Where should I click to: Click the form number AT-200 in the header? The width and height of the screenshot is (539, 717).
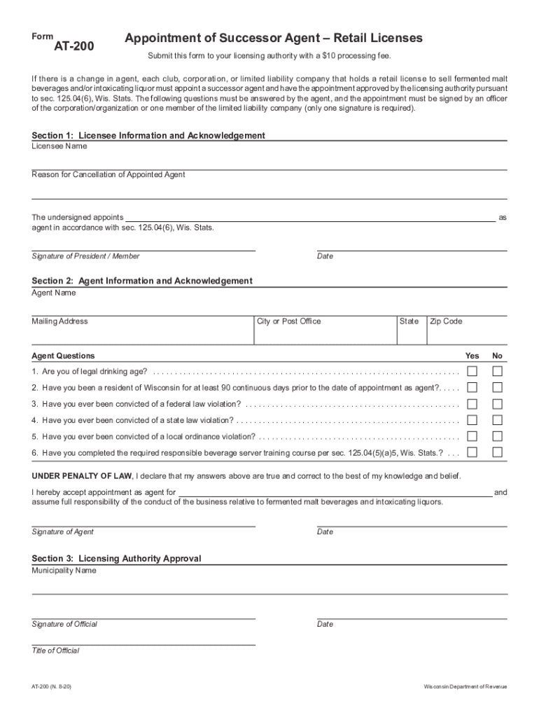click(x=74, y=47)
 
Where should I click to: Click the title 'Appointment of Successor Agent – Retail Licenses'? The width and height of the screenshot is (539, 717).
click(x=273, y=38)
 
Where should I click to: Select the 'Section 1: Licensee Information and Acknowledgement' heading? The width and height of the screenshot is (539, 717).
click(x=148, y=135)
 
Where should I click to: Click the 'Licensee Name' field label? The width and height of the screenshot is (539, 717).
click(x=59, y=146)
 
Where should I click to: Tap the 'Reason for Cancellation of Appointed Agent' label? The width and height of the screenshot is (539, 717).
click(x=108, y=174)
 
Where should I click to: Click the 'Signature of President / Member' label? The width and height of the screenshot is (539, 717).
click(x=85, y=256)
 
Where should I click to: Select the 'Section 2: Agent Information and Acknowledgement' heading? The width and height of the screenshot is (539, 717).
click(x=142, y=281)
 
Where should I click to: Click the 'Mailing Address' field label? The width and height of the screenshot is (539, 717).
click(x=60, y=321)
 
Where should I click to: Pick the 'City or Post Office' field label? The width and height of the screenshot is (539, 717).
click(x=288, y=321)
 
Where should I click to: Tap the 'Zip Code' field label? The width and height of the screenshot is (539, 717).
click(x=446, y=321)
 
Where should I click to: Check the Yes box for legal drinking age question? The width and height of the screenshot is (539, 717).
click(x=472, y=371)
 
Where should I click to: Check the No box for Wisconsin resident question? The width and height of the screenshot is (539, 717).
click(x=497, y=387)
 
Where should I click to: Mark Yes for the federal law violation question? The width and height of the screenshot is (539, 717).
click(x=472, y=404)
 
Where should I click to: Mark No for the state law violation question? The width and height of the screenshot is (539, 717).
click(x=497, y=420)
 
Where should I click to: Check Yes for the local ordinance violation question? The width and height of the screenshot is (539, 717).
click(x=472, y=436)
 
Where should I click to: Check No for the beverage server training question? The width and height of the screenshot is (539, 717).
click(x=497, y=452)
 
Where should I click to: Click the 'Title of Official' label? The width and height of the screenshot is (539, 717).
click(x=55, y=650)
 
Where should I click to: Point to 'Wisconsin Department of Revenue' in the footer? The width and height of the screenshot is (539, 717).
click(x=465, y=688)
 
